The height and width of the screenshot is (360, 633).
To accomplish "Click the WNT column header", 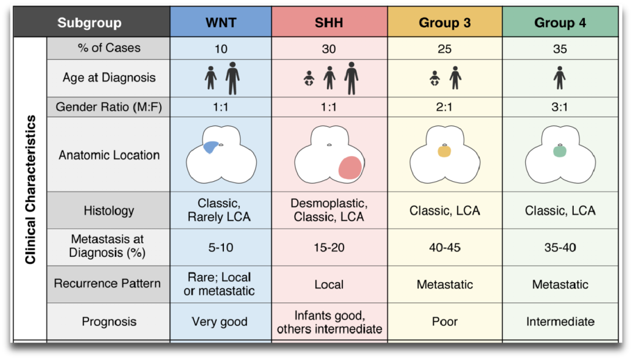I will (220, 23).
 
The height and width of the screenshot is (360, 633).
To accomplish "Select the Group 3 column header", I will (444, 23).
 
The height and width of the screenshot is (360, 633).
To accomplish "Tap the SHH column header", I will (329, 23).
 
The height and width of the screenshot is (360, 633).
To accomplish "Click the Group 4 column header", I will (560, 23).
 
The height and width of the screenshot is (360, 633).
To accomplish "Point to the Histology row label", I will (108, 210).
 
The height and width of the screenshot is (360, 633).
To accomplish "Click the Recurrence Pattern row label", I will (107, 283).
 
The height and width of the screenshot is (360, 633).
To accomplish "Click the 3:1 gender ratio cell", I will (560, 107).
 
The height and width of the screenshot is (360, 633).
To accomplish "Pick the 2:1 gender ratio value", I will (444, 107).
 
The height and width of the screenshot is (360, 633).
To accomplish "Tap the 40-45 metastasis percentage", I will (444, 247).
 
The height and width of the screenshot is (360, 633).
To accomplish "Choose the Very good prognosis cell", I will (220, 321).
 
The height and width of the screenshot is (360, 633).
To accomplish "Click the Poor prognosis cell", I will (444, 321).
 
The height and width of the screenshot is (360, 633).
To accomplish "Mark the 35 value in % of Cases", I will (560, 49).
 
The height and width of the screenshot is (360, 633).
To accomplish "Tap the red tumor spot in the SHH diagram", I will (350, 168).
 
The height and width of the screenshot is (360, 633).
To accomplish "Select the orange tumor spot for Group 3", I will (444, 151).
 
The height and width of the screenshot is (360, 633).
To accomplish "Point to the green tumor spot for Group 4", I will (560, 151).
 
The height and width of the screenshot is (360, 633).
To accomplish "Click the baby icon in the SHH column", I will (308, 79).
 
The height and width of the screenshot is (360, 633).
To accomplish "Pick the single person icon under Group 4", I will (560, 77).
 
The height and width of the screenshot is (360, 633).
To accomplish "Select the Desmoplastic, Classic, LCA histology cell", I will (329, 210).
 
